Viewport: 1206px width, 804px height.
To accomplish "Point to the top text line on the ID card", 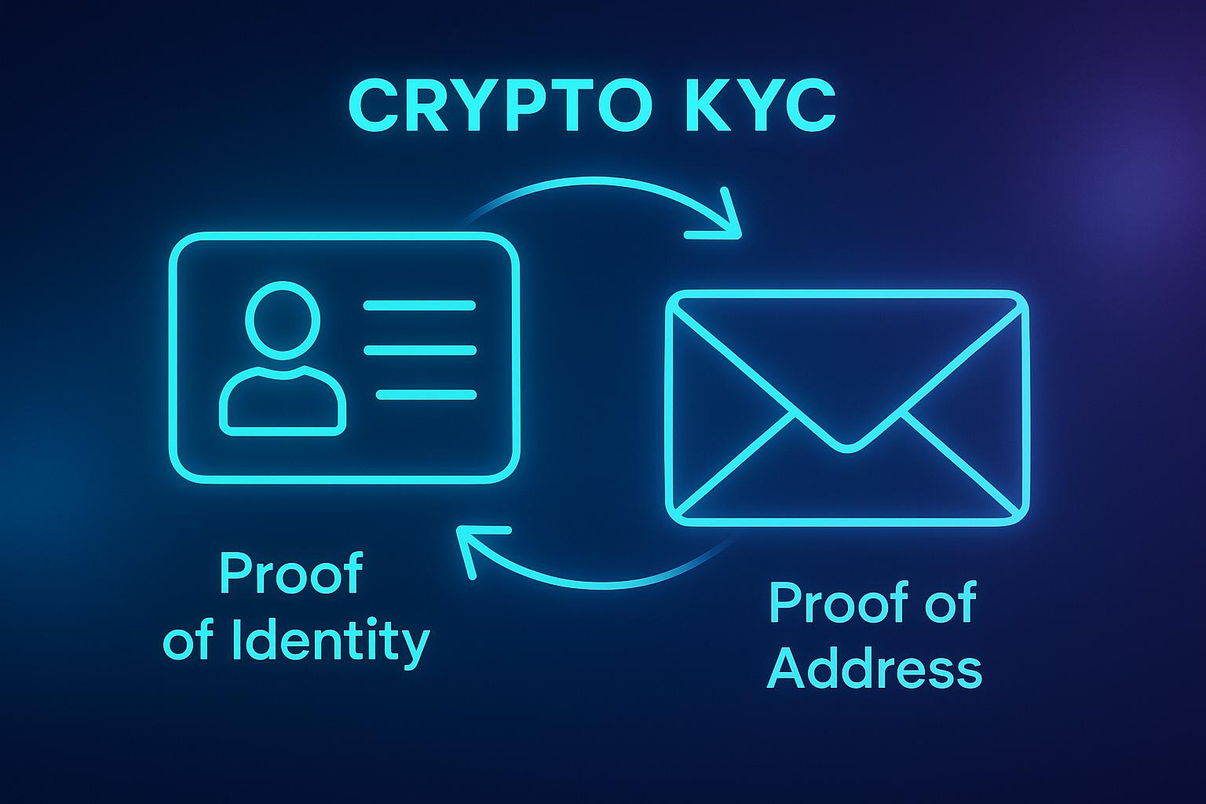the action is pos(419,305).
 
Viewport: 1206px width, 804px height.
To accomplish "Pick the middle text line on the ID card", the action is pos(419,350).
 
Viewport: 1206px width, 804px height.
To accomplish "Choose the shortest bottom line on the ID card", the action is pos(426,394).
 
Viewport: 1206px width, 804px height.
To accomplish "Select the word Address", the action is pos(874,670).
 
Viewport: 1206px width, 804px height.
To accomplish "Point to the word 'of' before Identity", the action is pos(188,642).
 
